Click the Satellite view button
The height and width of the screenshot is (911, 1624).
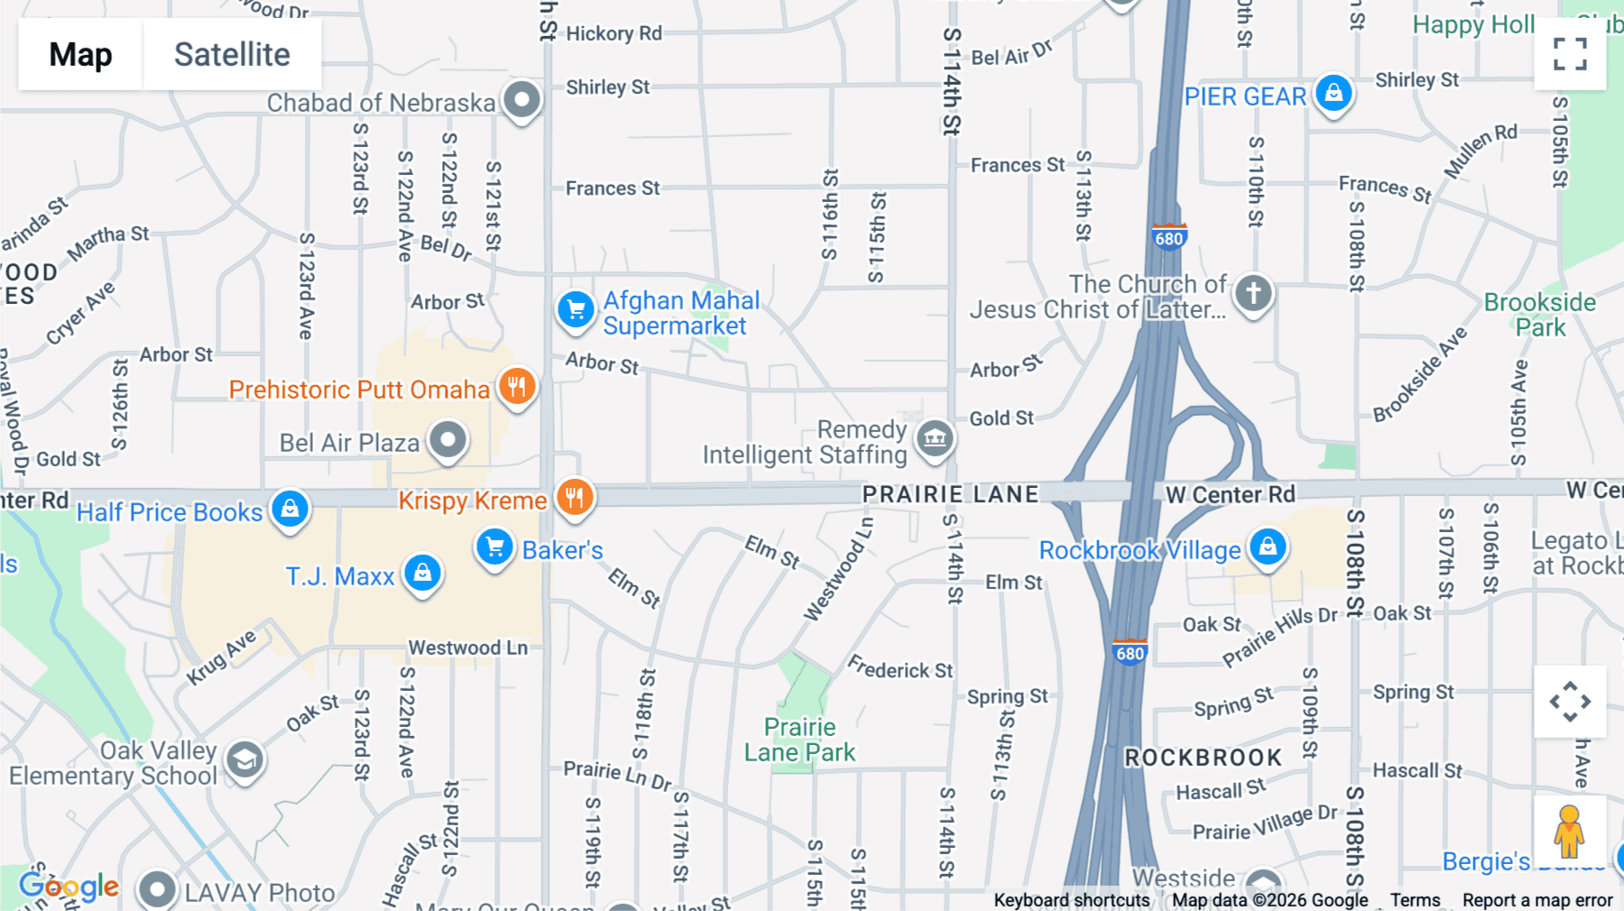(x=232, y=54)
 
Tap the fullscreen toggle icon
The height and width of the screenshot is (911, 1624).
(x=1570, y=54)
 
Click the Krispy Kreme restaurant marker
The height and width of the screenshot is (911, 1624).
(x=575, y=497)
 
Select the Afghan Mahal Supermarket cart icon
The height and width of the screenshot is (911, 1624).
(x=576, y=310)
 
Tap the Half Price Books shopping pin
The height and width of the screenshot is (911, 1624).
(x=290, y=510)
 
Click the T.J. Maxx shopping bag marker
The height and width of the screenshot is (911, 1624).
(x=422, y=573)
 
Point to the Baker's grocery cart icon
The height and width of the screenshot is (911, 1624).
(x=494, y=547)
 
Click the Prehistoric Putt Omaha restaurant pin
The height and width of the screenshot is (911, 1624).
(x=517, y=387)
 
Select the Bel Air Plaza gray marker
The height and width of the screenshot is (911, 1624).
(x=448, y=440)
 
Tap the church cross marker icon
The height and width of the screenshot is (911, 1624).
(x=1253, y=293)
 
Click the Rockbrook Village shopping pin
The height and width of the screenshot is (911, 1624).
(x=1268, y=547)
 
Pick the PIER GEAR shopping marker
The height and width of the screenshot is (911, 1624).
(x=1333, y=93)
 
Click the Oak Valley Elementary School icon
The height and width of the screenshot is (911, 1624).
(x=245, y=760)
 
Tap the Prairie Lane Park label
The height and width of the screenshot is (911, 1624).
(x=799, y=740)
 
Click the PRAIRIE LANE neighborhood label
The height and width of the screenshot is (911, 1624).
(x=950, y=494)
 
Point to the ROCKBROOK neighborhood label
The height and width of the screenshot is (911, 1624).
(x=1203, y=758)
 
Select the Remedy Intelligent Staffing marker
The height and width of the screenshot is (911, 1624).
(x=935, y=439)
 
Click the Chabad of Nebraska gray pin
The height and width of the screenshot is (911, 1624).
(x=521, y=99)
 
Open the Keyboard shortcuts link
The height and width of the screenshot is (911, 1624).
(x=1071, y=900)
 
